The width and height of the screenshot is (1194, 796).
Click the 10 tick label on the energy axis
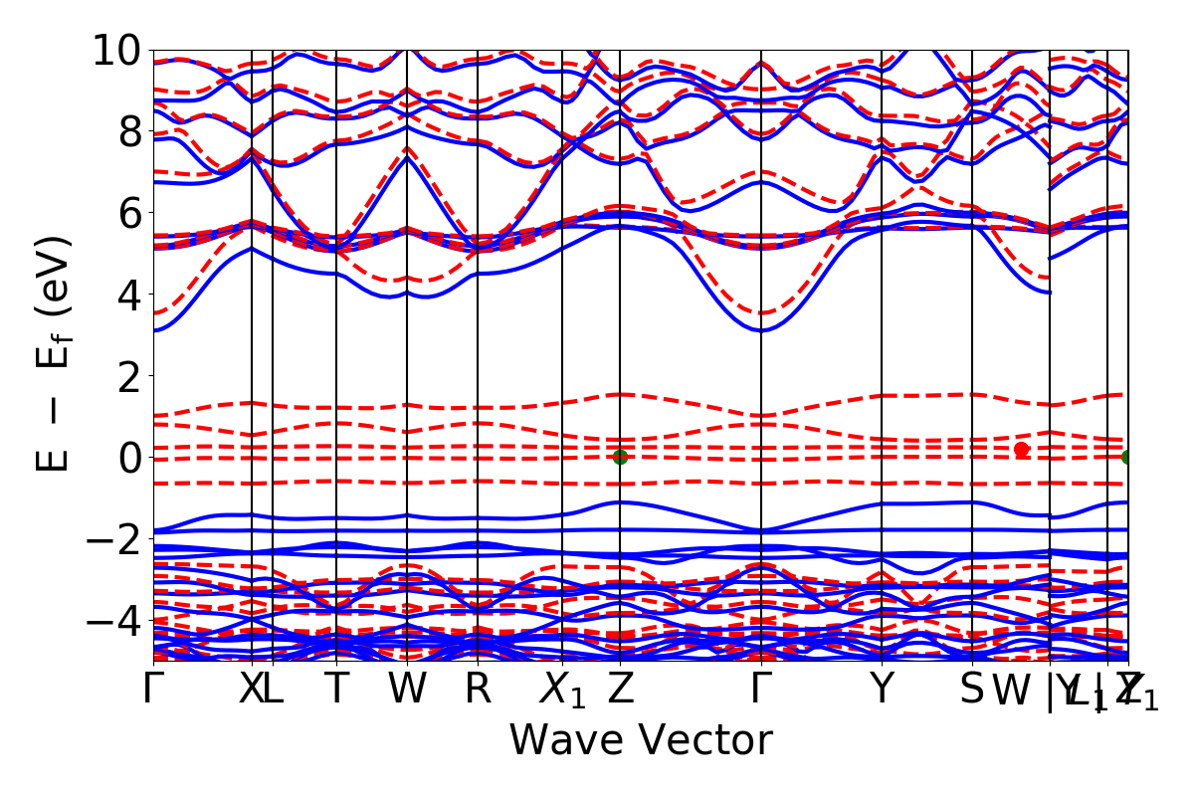coord(117,50)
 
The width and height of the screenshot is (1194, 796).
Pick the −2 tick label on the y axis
coord(111,538)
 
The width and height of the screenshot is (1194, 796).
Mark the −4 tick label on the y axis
coord(111,620)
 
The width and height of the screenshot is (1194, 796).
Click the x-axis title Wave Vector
coord(641,740)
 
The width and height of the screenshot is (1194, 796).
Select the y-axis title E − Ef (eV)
coord(56,354)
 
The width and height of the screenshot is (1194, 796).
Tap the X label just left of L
coord(251,690)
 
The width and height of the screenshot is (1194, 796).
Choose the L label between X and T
coord(273,690)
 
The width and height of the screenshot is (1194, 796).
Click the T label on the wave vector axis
coord(336,690)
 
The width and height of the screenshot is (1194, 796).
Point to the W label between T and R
coord(407,690)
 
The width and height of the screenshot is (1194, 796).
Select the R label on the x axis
coord(479,690)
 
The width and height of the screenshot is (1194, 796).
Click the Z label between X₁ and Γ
coord(621,690)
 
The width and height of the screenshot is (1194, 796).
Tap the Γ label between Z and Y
coord(761,690)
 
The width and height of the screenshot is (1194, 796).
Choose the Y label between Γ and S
coord(881,690)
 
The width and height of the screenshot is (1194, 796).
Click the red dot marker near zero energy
coord(1021,450)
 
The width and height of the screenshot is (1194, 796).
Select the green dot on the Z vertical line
coord(621,457)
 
